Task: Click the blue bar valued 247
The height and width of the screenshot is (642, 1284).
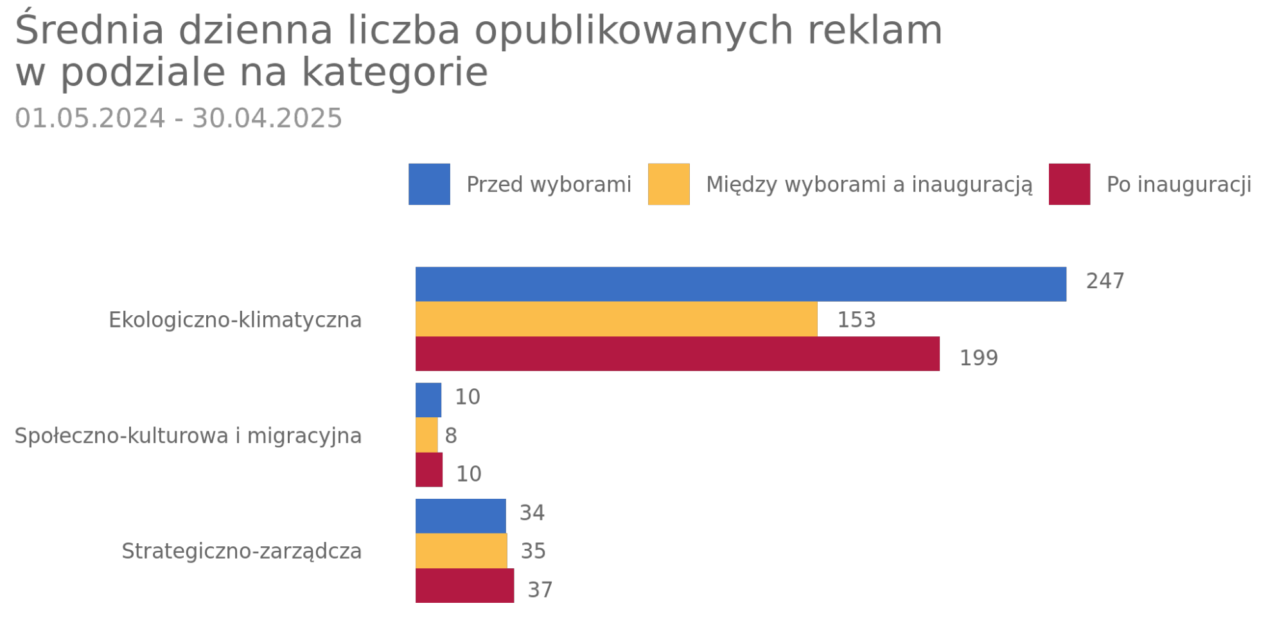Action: pyautogui.click(x=741, y=284)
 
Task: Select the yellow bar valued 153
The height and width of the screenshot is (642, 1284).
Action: pyautogui.click(x=616, y=319)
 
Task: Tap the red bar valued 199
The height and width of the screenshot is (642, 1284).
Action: pyautogui.click(x=677, y=354)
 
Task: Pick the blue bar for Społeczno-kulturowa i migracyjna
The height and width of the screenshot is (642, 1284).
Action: pyautogui.click(x=428, y=400)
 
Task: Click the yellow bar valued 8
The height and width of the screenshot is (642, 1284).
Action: pyautogui.click(x=427, y=435)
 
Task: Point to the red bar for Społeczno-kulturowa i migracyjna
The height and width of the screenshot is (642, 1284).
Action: pyautogui.click(x=429, y=470)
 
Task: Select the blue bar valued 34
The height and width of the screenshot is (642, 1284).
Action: pyautogui.click(x=461, y=516)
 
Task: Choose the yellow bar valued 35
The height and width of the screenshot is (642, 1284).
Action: pyautogui.click(x=461, y=551)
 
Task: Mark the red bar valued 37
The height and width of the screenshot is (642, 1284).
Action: pyautogui.click(x=464, y=586)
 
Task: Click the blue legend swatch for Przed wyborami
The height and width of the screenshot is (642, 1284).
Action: pyautogui.click(x=429, y=184)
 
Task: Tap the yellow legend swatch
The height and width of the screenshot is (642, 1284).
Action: pyautogui.click(x=669, y=184)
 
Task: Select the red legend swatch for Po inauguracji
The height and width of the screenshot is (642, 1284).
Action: pyautogui.click(x=1069, y=184)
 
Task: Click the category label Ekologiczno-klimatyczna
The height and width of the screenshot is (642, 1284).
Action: pyautogui.click(x=235, y=320)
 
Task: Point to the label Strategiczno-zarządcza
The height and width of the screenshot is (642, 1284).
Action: pyautogui.click(x=242, y=551)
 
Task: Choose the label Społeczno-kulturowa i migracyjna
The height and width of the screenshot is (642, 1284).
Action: pyautogui.click(x=188, y=436)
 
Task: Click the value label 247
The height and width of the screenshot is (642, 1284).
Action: pyautogui.click(x=1105, y=281)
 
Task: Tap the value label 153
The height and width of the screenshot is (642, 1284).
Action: pyautogui.click(x=856, y=320)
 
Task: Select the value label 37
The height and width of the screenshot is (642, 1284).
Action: pyautogui.click(x=540, y=589)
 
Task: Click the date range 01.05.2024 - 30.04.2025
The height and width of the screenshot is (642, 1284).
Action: pyautogui.click(x=179, y=119)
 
